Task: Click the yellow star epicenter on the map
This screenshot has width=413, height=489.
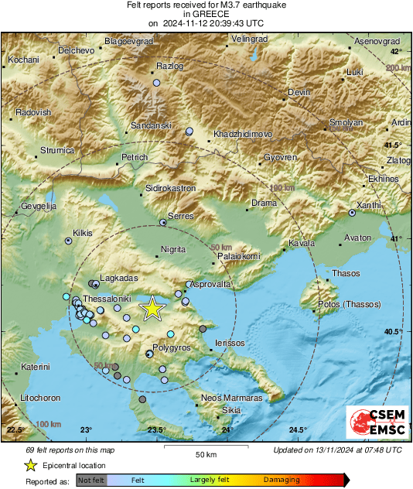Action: (153, 309)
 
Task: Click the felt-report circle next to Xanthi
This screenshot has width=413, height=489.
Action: (352, 212)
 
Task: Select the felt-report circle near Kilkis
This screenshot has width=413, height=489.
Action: (69, 241)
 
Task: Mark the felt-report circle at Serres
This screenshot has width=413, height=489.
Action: (162, 223)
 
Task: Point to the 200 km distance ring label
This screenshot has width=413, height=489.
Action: (397, 68)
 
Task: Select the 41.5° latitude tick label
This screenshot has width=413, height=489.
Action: (393, 145)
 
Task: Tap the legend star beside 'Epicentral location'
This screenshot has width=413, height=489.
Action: (30, 465)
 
